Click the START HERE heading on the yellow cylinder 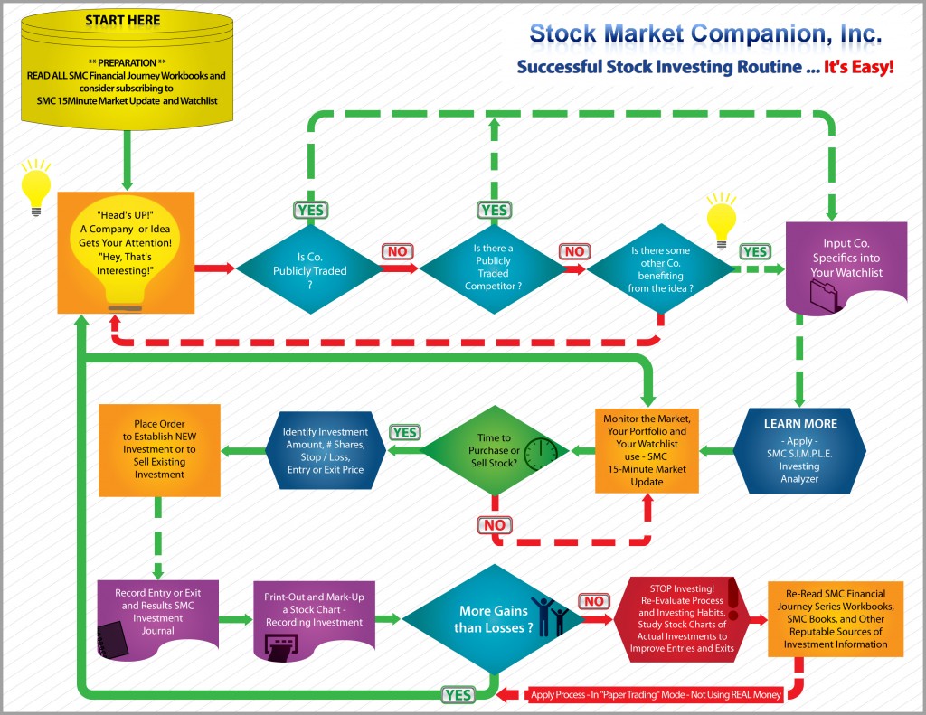[x=124, y=19]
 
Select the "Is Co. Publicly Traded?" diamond [x=309, y=267]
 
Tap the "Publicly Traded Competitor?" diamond [x=493, y=267]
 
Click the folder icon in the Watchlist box [x=825, y=296]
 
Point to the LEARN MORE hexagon [x=799, y=449]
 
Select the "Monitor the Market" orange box [x=647, y=449]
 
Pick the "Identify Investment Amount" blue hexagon [x=320, y=449]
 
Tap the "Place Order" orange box [x=158, y=449]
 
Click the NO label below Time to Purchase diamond [x=495, y=525]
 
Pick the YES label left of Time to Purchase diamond [x=405, y=432]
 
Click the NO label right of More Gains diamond [x=594, y=601]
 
